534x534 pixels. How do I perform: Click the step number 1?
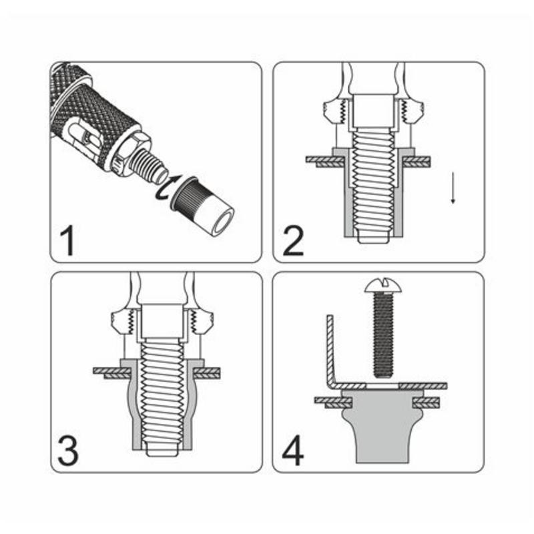(68, 242)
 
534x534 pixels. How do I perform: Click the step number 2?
(293, 241)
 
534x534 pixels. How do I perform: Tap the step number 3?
(68, 451)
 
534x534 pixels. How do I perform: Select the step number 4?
(293, 451)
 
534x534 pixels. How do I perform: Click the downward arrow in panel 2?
(453, 188)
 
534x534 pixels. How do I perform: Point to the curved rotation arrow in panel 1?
(166, 188)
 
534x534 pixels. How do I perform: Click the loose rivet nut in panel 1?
(202, 205)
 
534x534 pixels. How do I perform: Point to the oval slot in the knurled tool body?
(84, 137)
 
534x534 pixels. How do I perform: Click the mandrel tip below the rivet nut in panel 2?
(373, 238)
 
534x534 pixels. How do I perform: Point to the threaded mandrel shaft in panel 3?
(162, 392)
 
